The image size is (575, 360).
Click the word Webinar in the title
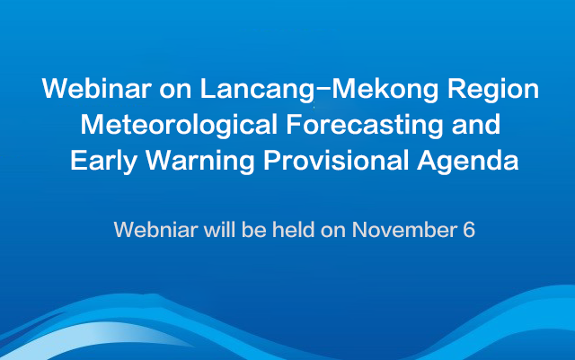point(97,88)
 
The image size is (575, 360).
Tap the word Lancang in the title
point(257,91)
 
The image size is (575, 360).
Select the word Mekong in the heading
point(385,91)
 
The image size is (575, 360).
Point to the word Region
point(493,91)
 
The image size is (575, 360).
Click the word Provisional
point(336,160)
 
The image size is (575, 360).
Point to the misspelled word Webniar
point(156,230)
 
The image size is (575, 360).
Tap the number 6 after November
point(469,230)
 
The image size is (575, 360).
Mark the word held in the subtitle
point(294,230)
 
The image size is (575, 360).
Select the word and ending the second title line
point(476,124)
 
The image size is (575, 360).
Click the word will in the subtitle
point(219,230)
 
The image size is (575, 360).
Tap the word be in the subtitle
point(253,230)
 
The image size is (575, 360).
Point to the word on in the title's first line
point(175,91)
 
